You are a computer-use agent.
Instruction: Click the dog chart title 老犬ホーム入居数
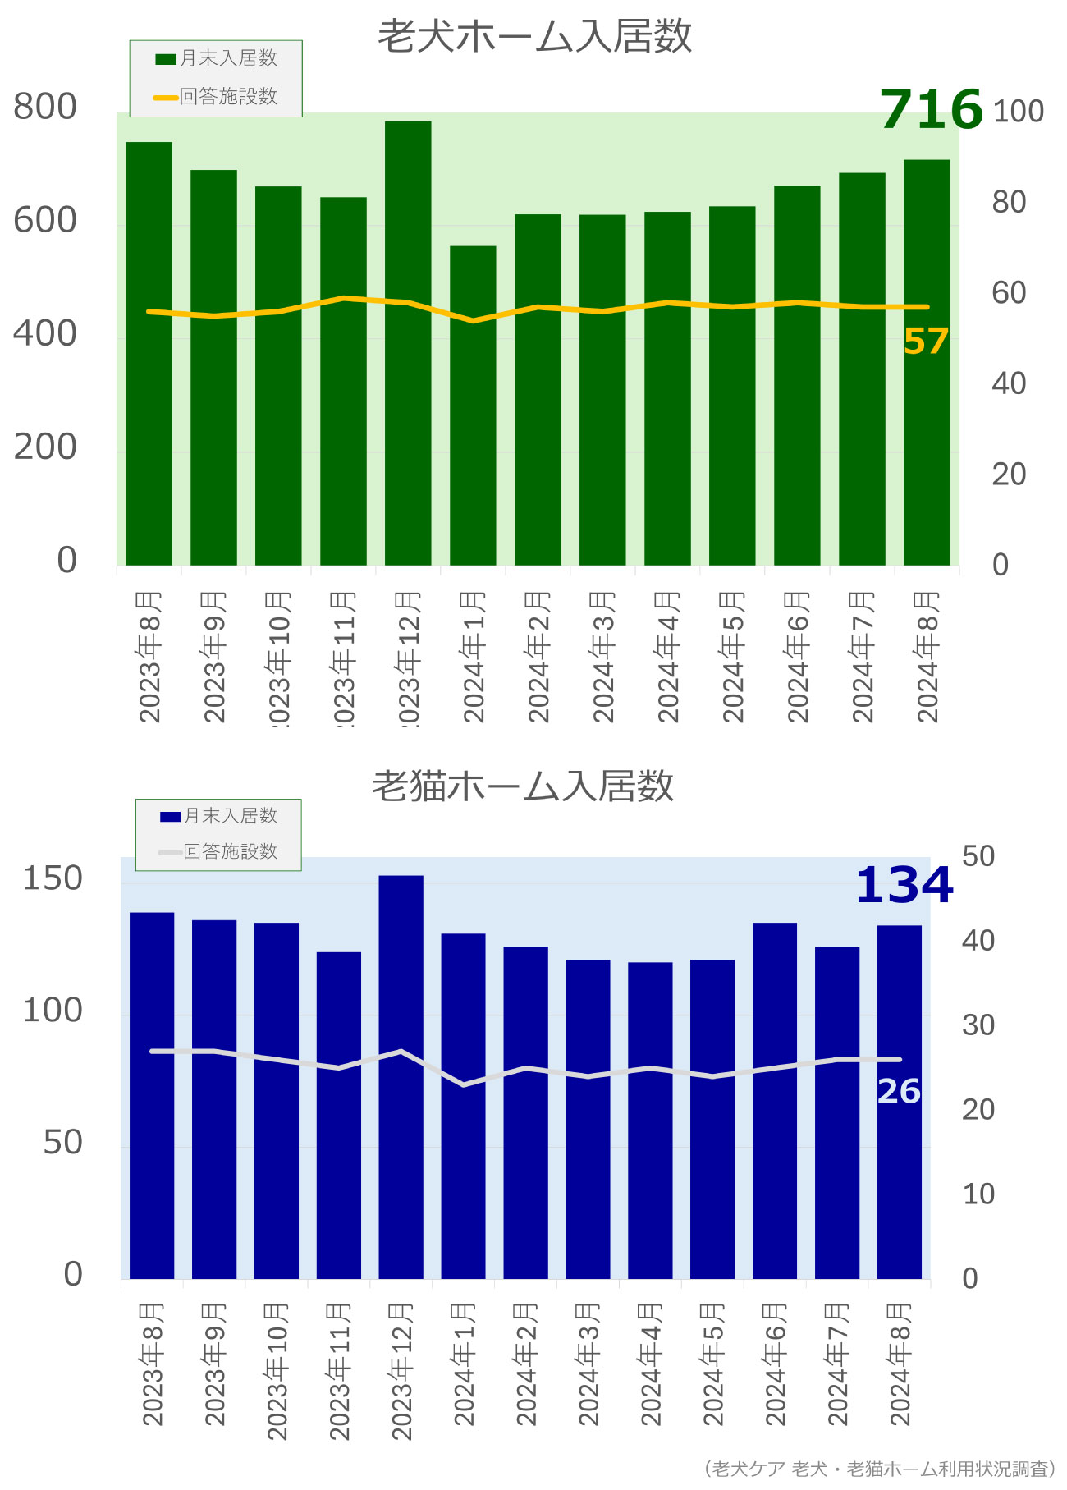(x=534, y=37)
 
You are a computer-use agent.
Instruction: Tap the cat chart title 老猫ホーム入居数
(x=523, y=786)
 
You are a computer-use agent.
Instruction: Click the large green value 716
(x=931, y=109)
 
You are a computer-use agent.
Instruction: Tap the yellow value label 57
(x=926, y=342)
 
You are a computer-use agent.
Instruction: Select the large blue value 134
(x=904, y=886)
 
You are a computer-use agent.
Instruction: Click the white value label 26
(x=899, y=1092)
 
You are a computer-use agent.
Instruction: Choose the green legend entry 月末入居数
(x=217, y=58)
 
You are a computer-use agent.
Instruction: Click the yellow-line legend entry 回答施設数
(x=217, y=97)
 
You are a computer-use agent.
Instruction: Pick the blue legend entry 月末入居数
(x=219, y=816)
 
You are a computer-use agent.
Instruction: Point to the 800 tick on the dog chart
(x=45, y=108)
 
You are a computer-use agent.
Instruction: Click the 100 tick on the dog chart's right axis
(x=1018, y=112)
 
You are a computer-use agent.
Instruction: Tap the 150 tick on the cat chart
(x=53, y=878)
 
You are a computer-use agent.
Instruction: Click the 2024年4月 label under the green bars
(x=668, y=657)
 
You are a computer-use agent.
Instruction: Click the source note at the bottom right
(x=879, y=1469)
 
